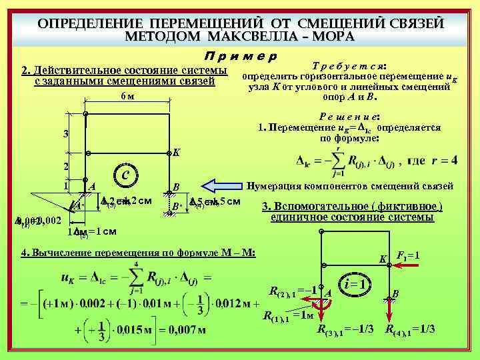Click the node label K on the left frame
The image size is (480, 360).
pos(176,152)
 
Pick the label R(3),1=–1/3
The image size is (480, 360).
pos(345,329)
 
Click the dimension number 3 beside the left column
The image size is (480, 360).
pos(65,133)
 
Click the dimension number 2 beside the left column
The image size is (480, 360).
pos(65,166)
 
